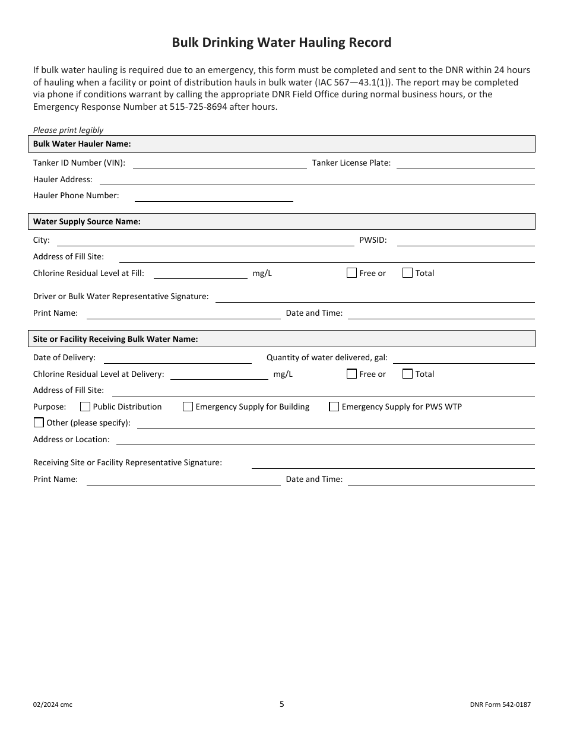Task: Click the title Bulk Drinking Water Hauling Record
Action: click(281, 43)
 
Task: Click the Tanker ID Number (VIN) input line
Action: click(220, 164)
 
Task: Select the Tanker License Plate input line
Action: click(465, 164)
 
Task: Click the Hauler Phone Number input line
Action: click(214, 196)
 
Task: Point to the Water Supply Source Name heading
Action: click(87, 221)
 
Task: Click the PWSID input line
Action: click(465, 241)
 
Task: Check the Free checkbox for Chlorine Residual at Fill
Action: click(351, 273)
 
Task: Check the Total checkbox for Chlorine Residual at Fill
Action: click(407, 273)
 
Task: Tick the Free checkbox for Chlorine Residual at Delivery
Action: click(351, 374)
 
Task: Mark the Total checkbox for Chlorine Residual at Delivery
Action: click(407, 374)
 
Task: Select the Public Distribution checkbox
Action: click(85, 407)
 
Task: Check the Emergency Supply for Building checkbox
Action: click(188, 407)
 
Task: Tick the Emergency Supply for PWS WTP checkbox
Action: click(334, 407)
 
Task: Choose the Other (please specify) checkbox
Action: click(39, 423)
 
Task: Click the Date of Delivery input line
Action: click(178, 358)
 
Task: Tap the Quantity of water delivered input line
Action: click(464, 358)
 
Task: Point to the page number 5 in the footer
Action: click(282, 704)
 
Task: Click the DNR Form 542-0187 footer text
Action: click(500, 705)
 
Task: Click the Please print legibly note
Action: click(68, 130)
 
